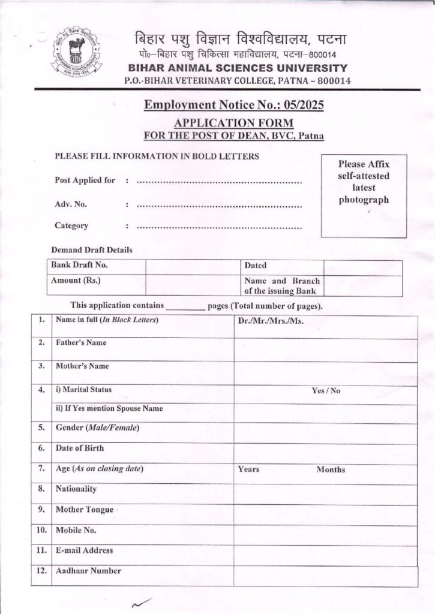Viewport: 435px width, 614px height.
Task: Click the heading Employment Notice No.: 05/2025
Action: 234,106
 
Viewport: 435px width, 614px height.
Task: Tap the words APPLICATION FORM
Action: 234,122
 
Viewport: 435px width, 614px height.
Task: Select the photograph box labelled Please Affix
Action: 364,195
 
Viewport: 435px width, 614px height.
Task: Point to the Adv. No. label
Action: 71,204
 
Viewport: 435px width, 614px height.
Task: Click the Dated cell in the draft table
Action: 256,266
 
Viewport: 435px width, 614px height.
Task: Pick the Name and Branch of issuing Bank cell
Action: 281,286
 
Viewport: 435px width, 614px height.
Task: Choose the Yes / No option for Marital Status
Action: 325,390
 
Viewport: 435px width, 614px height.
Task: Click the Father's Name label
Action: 81,343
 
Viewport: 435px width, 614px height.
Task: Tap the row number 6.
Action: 41,448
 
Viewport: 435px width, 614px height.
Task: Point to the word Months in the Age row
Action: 331,469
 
